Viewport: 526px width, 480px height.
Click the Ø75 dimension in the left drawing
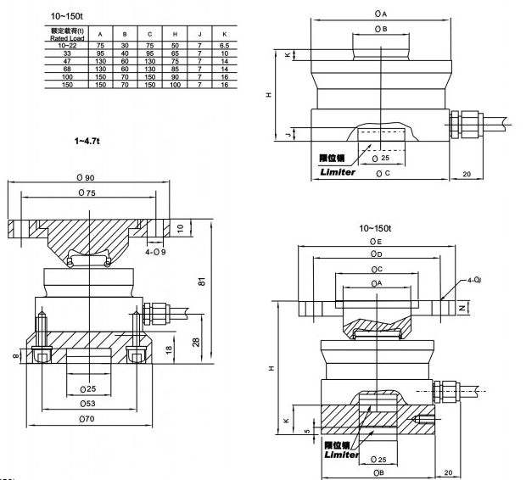click(86, 193)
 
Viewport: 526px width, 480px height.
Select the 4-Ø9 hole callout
click(155, 251)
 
